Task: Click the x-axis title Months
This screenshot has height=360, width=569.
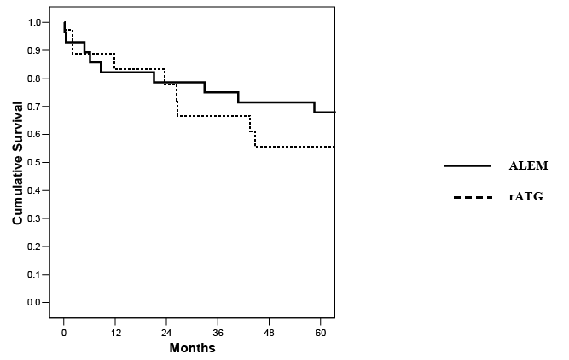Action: (192, 348)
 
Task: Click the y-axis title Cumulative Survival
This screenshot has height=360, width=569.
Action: (17, 163)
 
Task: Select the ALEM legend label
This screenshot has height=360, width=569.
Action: (528, 165)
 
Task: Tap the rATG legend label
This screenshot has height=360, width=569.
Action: (526, 197)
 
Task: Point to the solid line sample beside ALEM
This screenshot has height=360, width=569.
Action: (467, 165)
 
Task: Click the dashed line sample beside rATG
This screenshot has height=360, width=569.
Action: (473, 197)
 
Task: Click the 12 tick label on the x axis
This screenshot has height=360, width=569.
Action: (115, 333)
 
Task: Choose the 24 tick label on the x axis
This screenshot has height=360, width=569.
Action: (166, 333)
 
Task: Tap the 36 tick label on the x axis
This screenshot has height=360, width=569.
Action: (218, 333)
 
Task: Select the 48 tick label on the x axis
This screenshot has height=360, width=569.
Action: (270, 333)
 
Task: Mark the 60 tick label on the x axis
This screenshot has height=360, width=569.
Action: (321, 333)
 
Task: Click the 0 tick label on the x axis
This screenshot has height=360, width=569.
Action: (64, 333)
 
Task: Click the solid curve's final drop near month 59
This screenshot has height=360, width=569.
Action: (314, 107)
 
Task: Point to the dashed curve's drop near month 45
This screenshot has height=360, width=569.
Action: (255, 139)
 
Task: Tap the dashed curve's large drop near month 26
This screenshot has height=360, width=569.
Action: (177, 100)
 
